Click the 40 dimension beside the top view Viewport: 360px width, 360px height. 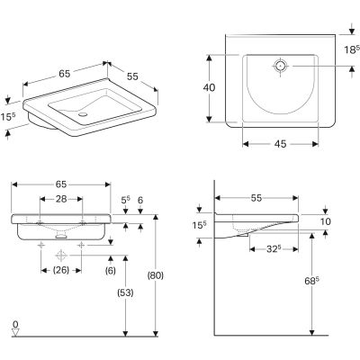click(x=209, y=87)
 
